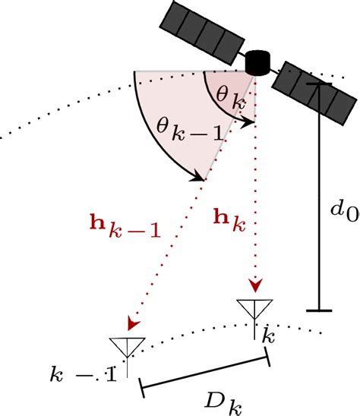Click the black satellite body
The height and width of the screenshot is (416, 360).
[x=258, y=61]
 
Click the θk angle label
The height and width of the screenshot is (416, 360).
[x=227, y=96]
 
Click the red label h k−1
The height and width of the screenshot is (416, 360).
[x=125, y=227]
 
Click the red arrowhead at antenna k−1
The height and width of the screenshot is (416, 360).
[x=136, y=324]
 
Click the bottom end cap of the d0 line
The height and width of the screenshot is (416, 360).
[x=320, y=310]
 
